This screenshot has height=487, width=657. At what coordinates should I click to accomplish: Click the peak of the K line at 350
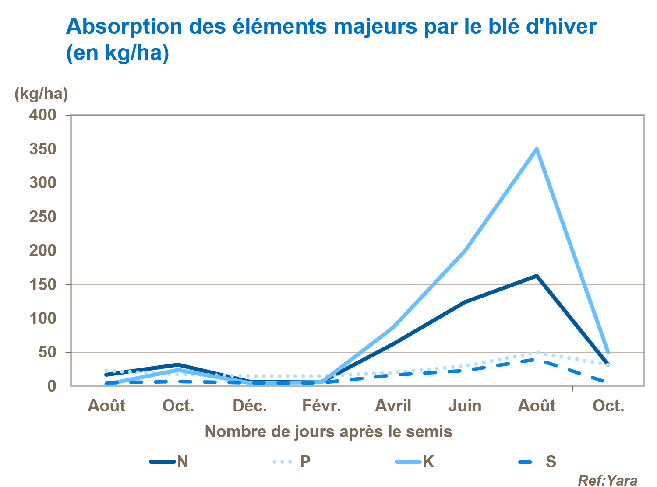537,149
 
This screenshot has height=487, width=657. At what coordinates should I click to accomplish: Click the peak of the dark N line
537,276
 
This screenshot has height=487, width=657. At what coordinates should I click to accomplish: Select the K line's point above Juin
465,251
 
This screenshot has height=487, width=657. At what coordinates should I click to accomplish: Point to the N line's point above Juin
465,302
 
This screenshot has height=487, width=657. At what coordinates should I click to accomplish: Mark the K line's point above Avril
393,327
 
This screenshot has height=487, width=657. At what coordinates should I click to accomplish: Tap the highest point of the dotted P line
537,352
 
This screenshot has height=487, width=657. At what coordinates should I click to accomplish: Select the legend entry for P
292,462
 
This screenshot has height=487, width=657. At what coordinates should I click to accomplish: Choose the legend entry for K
414,462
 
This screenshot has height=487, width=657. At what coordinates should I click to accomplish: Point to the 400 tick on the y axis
43,115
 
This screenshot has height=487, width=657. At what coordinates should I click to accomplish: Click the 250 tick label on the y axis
43,217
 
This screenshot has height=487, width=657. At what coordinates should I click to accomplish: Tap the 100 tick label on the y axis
43,319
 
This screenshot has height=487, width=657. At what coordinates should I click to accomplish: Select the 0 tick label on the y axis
52,386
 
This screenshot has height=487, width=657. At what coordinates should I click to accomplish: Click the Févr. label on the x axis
321,406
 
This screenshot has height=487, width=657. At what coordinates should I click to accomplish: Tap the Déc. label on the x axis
250,406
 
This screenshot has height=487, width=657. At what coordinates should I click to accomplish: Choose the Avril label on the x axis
393,406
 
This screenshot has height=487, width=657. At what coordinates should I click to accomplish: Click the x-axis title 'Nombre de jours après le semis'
328,431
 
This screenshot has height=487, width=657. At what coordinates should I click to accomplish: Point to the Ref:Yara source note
608,480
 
